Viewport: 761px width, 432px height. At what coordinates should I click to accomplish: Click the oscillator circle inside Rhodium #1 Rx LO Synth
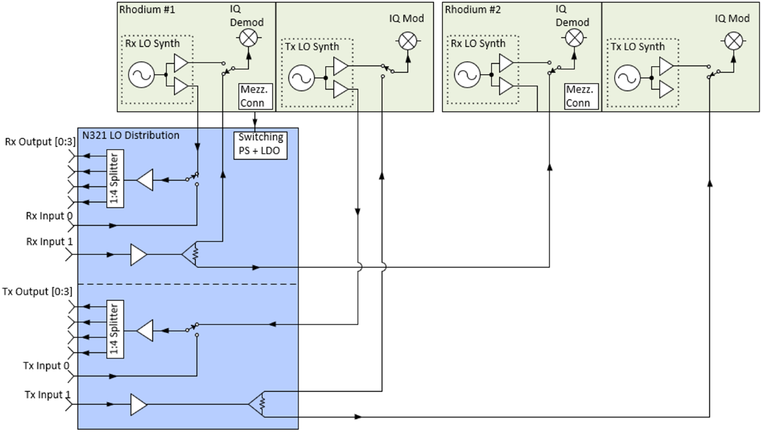point(140,76)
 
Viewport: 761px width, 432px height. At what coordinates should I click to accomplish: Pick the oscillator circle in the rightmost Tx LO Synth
point(626,79)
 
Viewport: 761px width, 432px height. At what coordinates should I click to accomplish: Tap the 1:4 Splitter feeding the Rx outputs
point(115,179)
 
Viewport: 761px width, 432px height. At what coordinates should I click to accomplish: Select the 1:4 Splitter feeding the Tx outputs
point(115,329)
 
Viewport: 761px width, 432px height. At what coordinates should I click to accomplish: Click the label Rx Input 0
point(49,216)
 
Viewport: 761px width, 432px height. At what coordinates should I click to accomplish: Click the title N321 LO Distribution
point(131,135)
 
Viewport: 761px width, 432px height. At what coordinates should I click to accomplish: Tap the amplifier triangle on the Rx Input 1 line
point(138,254)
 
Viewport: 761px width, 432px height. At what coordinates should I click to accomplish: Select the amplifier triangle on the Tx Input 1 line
point(138,404)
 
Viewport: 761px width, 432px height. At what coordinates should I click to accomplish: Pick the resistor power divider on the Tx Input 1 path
point(258,404)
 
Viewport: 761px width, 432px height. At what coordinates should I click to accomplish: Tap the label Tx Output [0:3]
point(37,291)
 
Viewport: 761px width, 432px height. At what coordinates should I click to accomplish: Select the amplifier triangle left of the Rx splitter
point(145,180)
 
